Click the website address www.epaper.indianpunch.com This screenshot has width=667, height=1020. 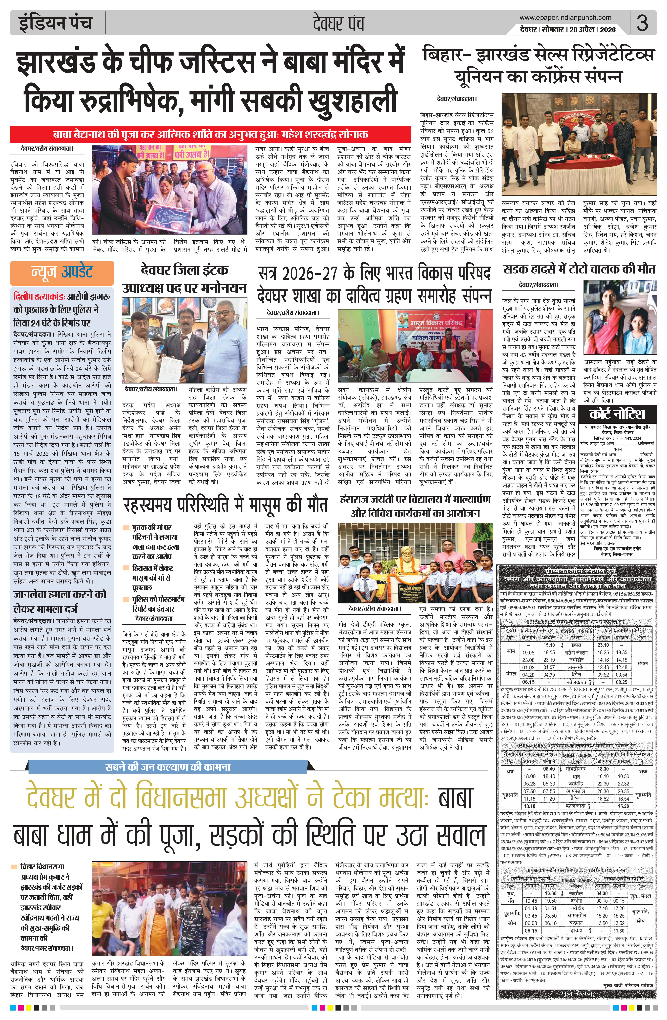coord(565,18)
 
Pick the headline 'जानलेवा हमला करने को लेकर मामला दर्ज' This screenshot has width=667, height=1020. coord(60,601)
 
